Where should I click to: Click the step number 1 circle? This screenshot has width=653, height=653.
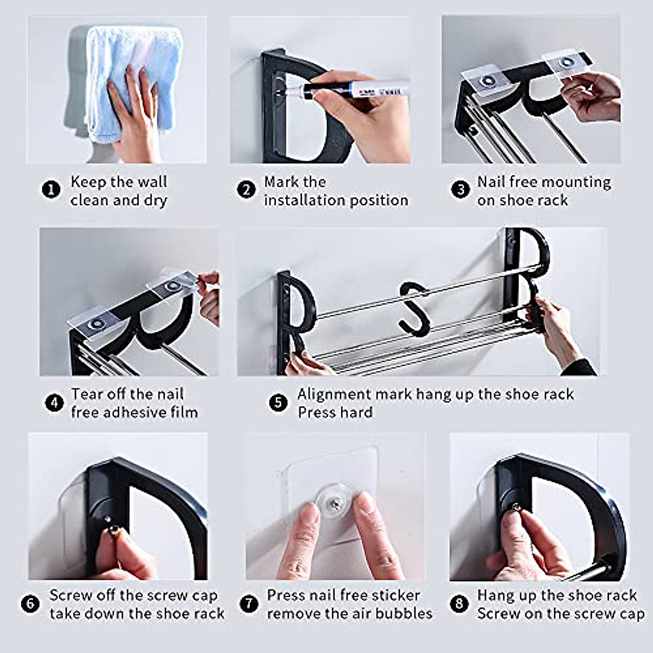(51, 189)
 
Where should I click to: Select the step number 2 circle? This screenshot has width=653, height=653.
(247, 189)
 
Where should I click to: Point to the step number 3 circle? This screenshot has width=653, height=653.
(460, 189)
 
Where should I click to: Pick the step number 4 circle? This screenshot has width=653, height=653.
(54, 403)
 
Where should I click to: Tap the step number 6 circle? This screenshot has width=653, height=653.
(30, 603)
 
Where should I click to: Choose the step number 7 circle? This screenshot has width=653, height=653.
(249, 603)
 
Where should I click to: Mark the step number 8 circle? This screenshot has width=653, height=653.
(459, 603)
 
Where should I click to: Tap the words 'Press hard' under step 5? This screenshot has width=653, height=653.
(335, 412)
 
